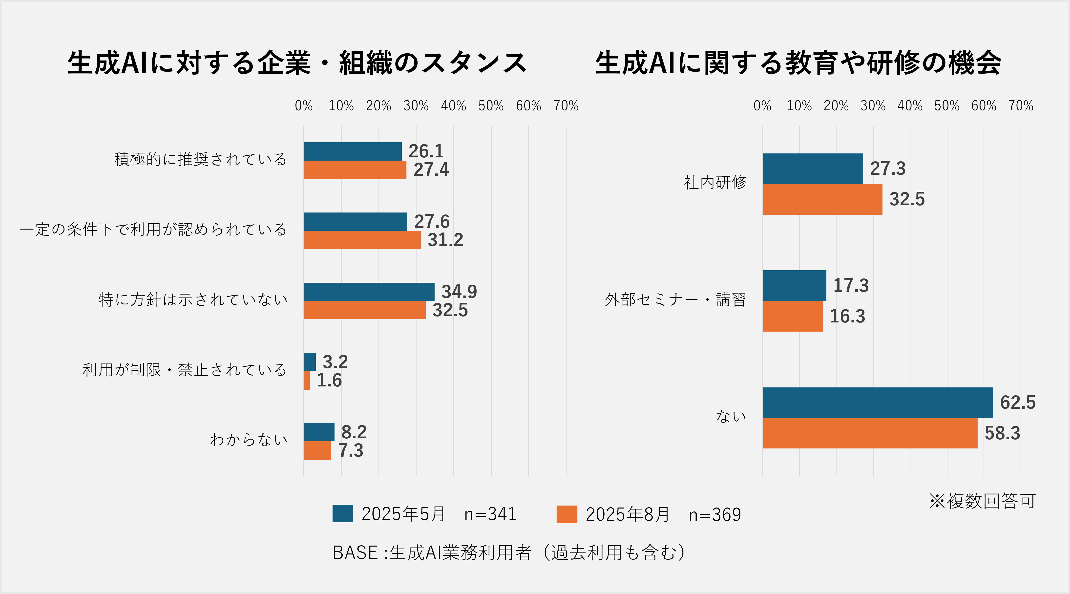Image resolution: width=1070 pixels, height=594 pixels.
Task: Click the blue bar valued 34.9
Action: (369, 292)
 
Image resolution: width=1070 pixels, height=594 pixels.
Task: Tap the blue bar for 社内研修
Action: (813, 169)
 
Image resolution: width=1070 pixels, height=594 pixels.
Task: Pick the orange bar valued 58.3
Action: (870, 433)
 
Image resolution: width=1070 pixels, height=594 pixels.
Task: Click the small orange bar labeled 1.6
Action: (307, 380)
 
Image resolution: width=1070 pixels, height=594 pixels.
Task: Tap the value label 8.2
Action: (354, 432)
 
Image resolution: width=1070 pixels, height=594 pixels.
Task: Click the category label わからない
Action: (248, 440)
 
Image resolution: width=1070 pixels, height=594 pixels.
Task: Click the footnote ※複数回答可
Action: (982, 501)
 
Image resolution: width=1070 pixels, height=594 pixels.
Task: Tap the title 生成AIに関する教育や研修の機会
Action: (798, 63)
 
